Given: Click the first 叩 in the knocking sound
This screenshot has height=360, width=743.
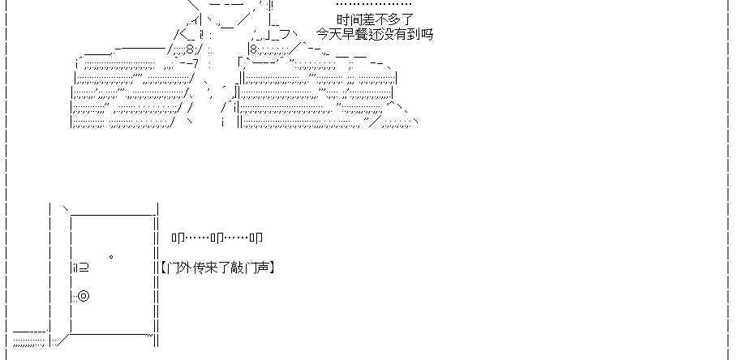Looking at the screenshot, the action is pos(178,238).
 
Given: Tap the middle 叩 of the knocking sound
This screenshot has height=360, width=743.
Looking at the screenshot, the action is pos(217,238).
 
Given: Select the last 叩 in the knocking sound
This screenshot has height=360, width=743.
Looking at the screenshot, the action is pos(256,238).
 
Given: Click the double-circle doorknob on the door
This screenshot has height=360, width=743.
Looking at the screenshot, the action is pos(84,296).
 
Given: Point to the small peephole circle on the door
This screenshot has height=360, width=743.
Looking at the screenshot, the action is pos(110,257).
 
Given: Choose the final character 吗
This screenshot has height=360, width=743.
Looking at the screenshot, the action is pos(427,34).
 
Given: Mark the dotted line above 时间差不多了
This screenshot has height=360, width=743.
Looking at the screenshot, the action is pos(374,6).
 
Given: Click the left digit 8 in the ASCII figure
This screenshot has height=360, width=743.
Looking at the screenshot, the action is pos(189,49).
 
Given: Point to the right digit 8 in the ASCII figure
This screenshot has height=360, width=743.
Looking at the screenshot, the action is pos(252,49).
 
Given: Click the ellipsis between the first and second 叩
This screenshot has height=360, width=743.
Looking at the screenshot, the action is pos(198,238).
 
